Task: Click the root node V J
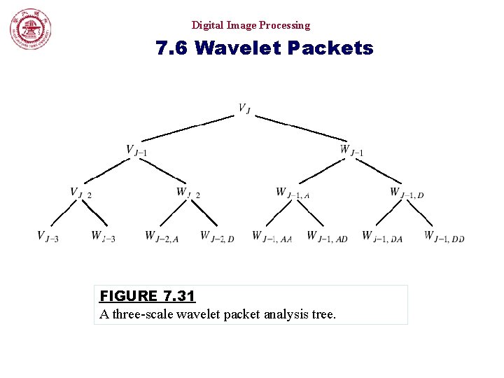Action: [x=244, y=108]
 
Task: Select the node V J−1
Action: [x=136, y=150]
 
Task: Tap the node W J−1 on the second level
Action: [x=351, y=150]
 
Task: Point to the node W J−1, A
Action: [x=293, y=192]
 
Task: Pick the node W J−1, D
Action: [x=407, y=192]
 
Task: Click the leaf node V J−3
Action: [x=48, y=237]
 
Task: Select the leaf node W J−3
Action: [x=103, y=237]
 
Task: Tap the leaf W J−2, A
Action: [x=162, y=237]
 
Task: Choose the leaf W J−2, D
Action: [x=217, y=237]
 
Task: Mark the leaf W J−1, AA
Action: [x=272, y=237]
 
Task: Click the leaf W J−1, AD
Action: [x=327, y=237]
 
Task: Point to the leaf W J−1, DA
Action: [x=382, y=237]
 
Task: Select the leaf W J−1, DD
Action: [x=444, y=237]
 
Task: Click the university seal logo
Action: [x=30, y=30]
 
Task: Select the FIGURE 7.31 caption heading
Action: [x=147, y=296]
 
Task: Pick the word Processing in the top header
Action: [x=284, y=25]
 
